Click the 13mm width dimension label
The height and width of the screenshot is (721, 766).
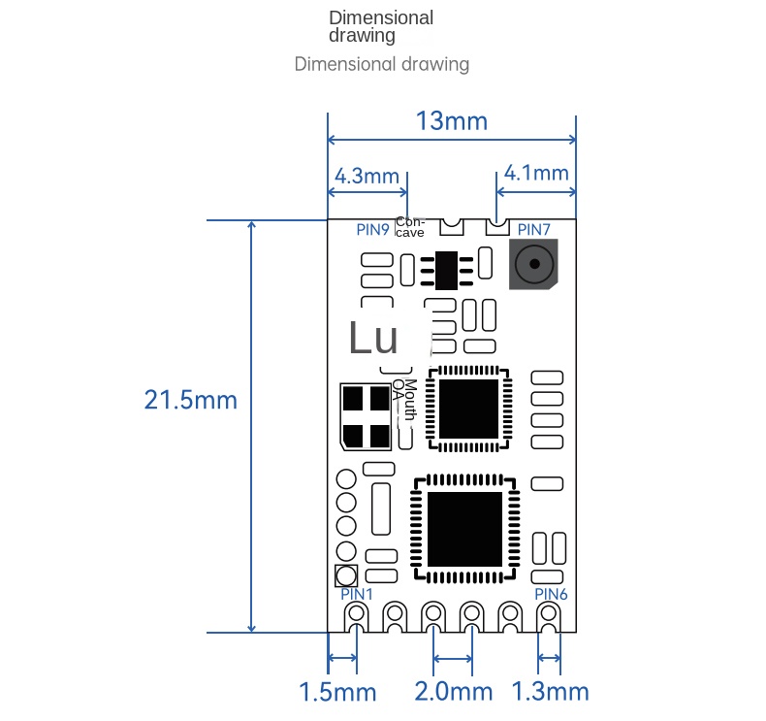tap(451, 121)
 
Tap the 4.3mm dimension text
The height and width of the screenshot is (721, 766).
tap(367, 176)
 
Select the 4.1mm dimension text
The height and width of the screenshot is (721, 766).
tap(536, 173)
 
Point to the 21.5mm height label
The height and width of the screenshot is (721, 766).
tap(190, 399)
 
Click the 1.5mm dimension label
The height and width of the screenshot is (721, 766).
tap(336, 692)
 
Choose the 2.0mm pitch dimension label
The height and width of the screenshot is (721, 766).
tap(452, 692)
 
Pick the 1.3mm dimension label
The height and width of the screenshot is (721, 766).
tap(550, 692)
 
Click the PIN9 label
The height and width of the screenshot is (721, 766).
tap(372, 230)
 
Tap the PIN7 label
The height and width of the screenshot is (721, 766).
tap(533, 230)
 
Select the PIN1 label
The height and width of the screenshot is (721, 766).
tap(356, 592)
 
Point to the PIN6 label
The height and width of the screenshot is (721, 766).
tap(551, 593)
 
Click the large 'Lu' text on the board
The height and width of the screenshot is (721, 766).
tap(372, 339)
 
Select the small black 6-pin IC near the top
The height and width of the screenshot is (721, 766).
tap(447, 270)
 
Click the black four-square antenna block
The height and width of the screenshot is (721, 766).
tap(366, 417)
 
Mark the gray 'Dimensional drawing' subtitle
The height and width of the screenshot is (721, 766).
tap(381, 65)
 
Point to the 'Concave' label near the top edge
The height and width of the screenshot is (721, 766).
tap(409, 227)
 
